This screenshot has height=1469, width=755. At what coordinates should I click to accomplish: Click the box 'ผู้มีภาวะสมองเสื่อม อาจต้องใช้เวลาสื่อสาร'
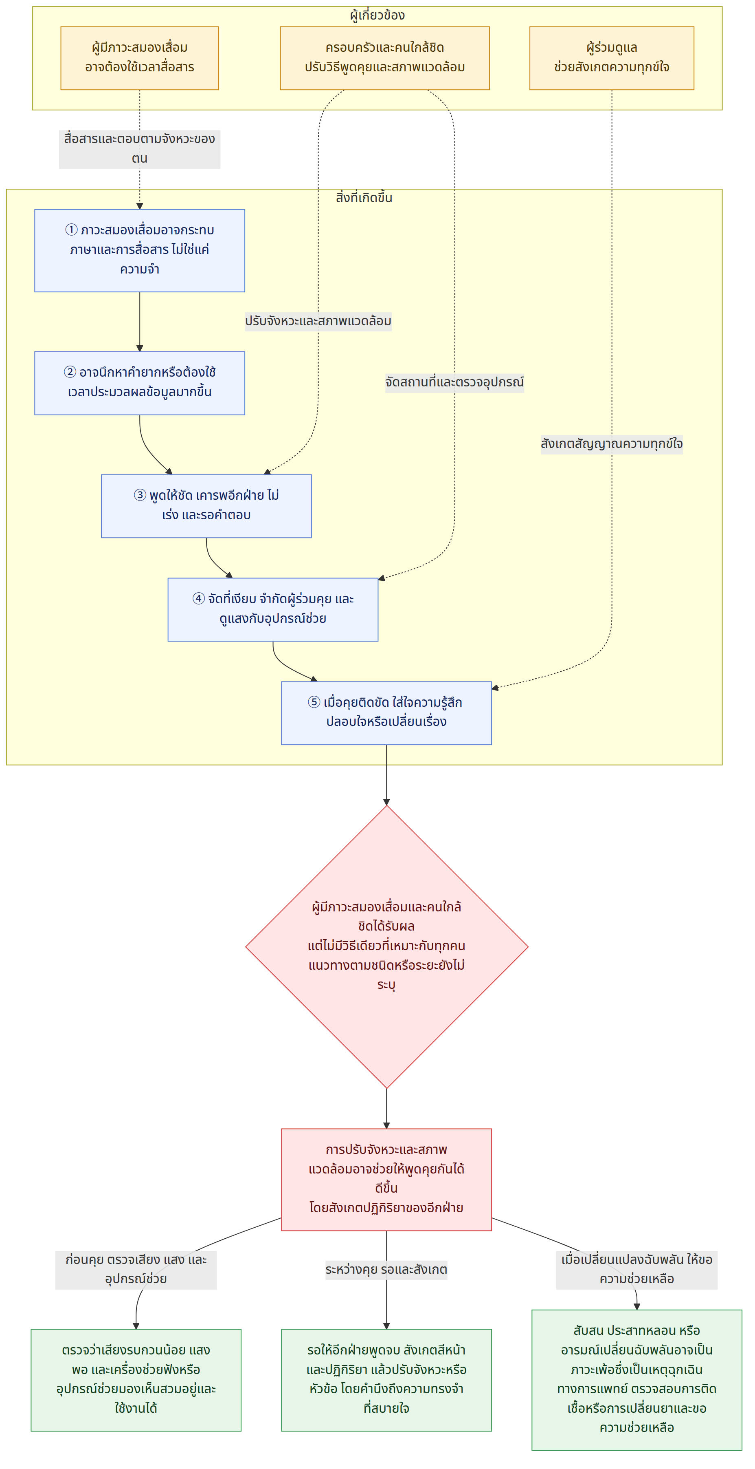click(140, 58)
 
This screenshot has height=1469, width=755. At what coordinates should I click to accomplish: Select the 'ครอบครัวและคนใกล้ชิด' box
click(384, 58)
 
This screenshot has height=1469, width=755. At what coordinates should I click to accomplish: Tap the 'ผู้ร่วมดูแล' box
click(611, 58)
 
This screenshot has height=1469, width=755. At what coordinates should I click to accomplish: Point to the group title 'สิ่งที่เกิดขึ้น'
click(364, 198)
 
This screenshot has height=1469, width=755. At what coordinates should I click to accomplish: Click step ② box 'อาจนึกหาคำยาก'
click(140, 383)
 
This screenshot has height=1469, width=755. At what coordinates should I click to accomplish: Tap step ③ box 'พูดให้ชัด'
click(206, 506)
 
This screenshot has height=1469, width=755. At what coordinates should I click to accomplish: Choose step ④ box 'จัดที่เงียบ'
click(273, 610)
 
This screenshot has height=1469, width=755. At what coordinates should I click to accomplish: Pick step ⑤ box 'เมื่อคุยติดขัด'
click(386, 713)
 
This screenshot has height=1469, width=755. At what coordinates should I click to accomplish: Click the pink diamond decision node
click(386, 946)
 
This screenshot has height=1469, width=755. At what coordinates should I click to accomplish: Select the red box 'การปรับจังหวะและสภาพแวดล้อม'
click(386, 1179)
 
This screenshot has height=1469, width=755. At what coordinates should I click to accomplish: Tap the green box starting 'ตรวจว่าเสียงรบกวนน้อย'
click(136, 1380)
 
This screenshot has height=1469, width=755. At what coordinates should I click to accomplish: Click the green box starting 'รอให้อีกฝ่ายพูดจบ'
click(386, 1380)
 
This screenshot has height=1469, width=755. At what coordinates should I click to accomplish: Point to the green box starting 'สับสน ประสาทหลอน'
click(637, 1380)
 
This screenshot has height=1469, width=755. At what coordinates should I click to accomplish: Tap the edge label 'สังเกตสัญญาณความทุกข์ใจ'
click(611, 443)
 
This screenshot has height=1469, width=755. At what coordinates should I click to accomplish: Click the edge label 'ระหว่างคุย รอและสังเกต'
click(386, 1269)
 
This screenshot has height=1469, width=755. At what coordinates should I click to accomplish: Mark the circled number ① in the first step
click(71, 230)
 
